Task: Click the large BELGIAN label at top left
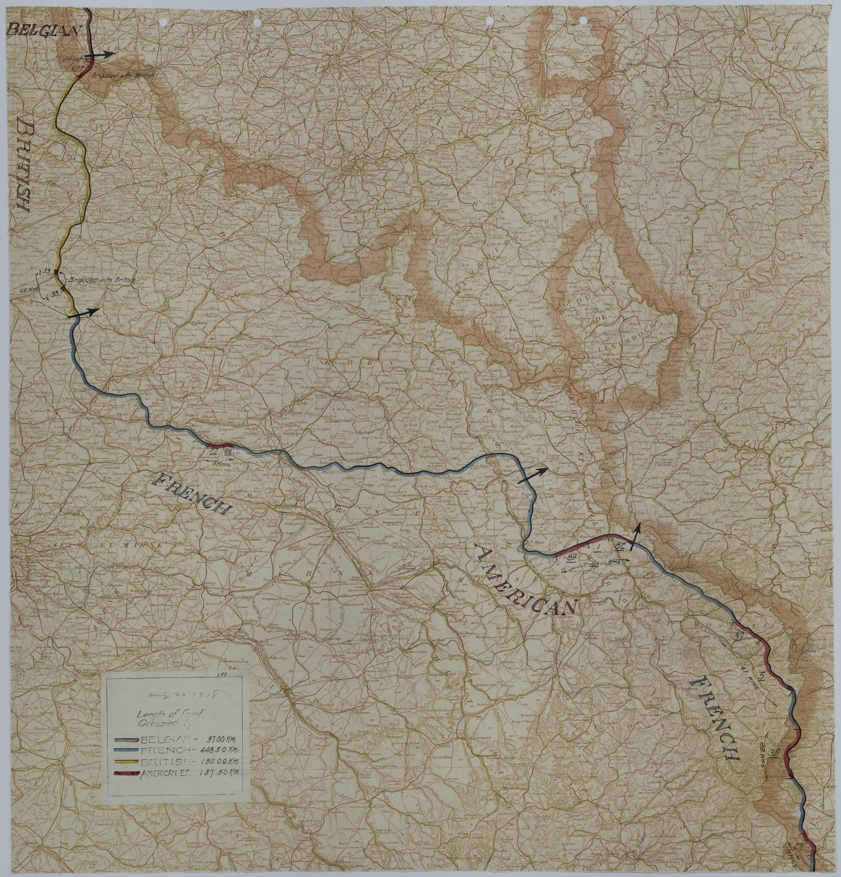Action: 44,30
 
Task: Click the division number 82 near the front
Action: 620,546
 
